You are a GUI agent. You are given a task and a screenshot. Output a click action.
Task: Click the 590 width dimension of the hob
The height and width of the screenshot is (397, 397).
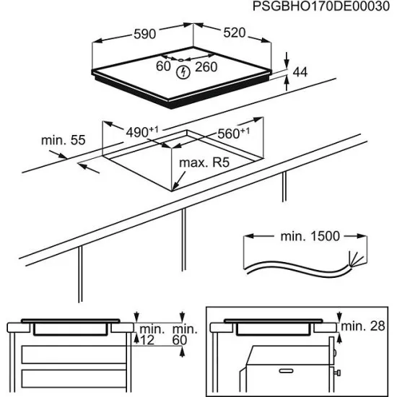[x=144, y=33]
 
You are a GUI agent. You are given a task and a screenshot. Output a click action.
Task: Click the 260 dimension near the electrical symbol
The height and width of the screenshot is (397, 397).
[x=206, y=67]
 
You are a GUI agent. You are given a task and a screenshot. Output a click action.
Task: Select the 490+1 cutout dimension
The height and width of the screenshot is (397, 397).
[x=141, y=132]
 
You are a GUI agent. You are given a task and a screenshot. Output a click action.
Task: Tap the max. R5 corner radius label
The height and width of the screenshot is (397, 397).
[x=204, y=165]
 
